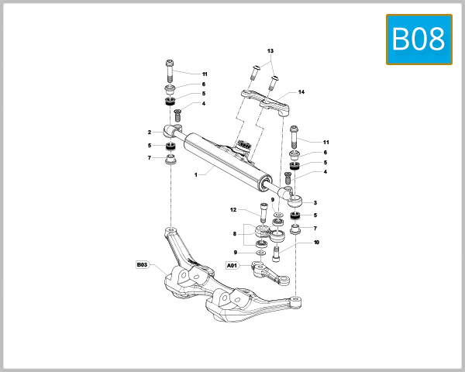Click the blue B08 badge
click(418, 39)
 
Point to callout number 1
click(197, 174)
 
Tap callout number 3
click(315, 201)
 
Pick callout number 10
click(316, 243)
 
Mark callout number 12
click(232, 209)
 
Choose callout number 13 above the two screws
click(270, 50)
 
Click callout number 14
click(301, 92)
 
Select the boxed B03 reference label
click(142, 264)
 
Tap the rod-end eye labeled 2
click(172, 129)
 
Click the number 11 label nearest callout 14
click(326, 142)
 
